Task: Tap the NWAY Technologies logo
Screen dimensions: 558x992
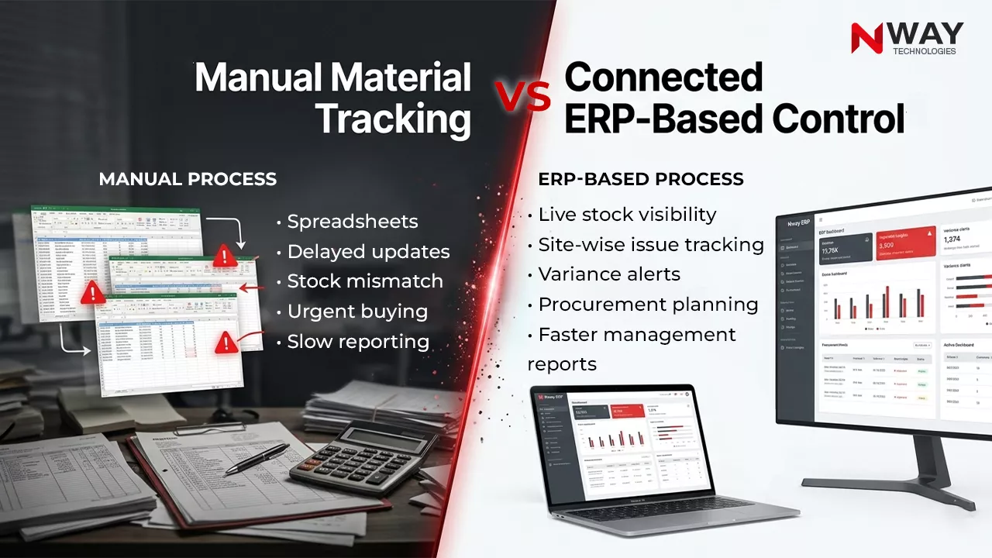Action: (907, 38)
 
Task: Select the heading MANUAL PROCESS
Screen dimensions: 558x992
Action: (188, 179)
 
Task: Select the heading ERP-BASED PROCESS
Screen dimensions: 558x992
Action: (640, 179)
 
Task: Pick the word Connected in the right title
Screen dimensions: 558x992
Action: (663, 77)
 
